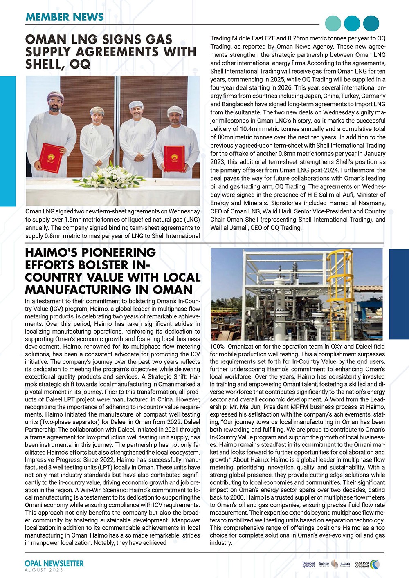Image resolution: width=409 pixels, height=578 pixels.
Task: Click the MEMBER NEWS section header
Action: pyautogui.click(x=65, y=17)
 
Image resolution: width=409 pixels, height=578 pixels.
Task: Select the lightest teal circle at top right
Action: pyautogui.click(x=333, y=24)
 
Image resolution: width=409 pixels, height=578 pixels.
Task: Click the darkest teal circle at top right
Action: pyautogui.click(x=371, y=24)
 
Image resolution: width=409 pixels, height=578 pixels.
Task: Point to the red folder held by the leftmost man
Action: pyautogui.click(x=52, y=157)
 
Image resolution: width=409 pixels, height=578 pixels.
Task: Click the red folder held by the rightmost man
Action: pyautogui.click(x=174, y=159)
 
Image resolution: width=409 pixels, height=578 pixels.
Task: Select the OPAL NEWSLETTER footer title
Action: pyautogui.click(x=54, y=563)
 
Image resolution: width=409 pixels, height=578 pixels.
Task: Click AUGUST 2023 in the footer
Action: pyautogui.click(x=44, y=570)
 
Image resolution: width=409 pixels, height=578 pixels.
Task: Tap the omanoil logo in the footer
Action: pyautogui.click(x=367, y=565)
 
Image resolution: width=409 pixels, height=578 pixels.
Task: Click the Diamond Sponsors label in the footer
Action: pyautogui.click(x=308, y=565)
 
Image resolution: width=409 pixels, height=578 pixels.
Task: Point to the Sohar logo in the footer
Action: pyautogui.click(x=324, y=565)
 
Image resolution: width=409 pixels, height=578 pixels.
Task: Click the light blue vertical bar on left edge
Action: pyautogui.click(x=8, y=141)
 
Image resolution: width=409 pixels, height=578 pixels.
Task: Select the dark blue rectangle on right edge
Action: pyautogui.click(x=399, y=294)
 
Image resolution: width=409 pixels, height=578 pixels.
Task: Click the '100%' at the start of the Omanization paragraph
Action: pyautogui.click(x=217, y=347)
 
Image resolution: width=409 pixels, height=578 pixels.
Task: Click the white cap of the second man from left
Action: pyautogui.click(x=97, y=110)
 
